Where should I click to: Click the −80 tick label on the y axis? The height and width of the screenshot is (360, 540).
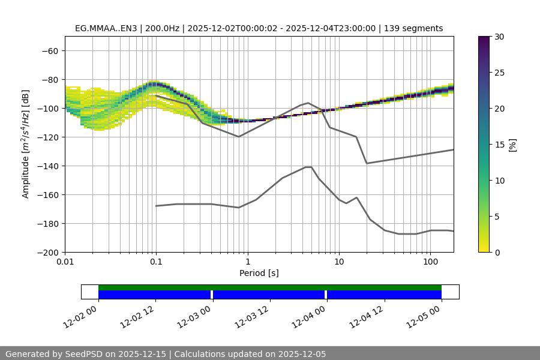pyautogui.click(x=49, y=79)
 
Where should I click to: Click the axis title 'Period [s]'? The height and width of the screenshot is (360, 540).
pyautogui.click(x=259, y=273)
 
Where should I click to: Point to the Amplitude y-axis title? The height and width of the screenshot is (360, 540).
pyautogui.click(x=26, y=144)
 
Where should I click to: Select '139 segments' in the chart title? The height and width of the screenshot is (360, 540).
pyautogui.click(x=413, y=28)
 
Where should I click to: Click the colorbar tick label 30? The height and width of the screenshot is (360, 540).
pyautogui.click(x=499, y=37)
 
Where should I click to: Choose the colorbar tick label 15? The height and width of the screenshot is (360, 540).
pyautogui.click(x=499, y=145)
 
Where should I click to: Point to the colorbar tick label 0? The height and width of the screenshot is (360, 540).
pyautogui.click(x=497, y=252)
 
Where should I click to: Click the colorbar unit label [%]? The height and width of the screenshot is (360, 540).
pyautogui.click(x=513, y=144)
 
